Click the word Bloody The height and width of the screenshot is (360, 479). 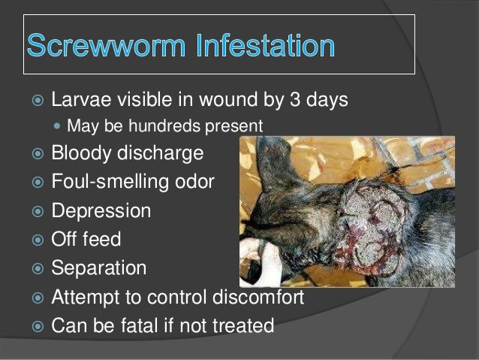82,153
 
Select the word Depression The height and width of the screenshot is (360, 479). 101,211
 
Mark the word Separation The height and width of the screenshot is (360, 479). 98,268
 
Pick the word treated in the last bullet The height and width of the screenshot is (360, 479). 243,327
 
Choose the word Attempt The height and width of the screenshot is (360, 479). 86,298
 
